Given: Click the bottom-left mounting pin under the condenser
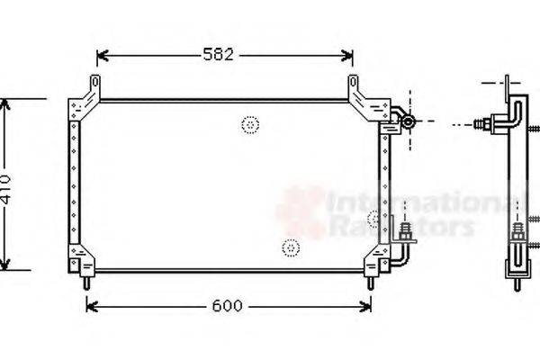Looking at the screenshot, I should [x=86, y=282].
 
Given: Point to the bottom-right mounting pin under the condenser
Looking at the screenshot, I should [x=370, y=282].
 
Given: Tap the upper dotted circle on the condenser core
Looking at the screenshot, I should [x=249, y=125].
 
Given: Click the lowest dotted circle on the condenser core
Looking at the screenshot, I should [x=290, y=247].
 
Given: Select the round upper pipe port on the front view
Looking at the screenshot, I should [x=407, y=121].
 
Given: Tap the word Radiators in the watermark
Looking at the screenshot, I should [x=400, y=227].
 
